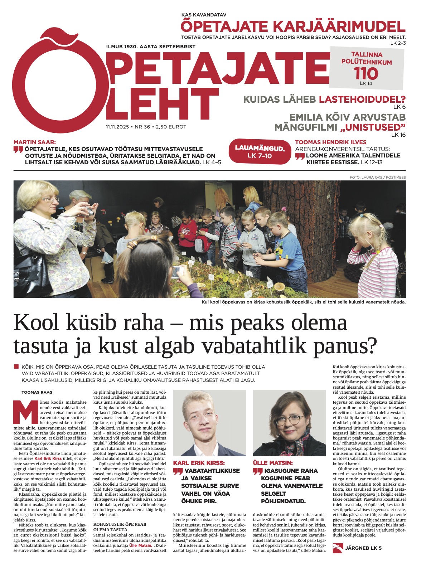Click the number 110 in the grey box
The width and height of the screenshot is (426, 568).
(x=366, y=74)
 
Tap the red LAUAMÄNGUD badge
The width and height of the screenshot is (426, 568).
(x=260, y=152)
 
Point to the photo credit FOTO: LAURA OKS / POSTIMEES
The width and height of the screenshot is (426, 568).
(x=378, y=178)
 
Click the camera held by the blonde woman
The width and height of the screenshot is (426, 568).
(x=90, y=211)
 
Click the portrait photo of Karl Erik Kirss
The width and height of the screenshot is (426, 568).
(x=209, y=422)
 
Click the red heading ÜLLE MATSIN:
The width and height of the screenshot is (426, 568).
(x=273, y=463)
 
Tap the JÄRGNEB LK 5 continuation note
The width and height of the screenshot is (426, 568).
(x=363, y=548)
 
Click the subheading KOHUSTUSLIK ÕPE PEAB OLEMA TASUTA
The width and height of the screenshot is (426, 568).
(x=120, y=527)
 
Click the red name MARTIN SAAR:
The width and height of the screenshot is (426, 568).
(x=35, y=142)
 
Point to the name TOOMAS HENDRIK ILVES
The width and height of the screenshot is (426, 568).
(x=330, y=142)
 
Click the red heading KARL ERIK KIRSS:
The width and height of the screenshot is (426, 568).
(x=199, y=463)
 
